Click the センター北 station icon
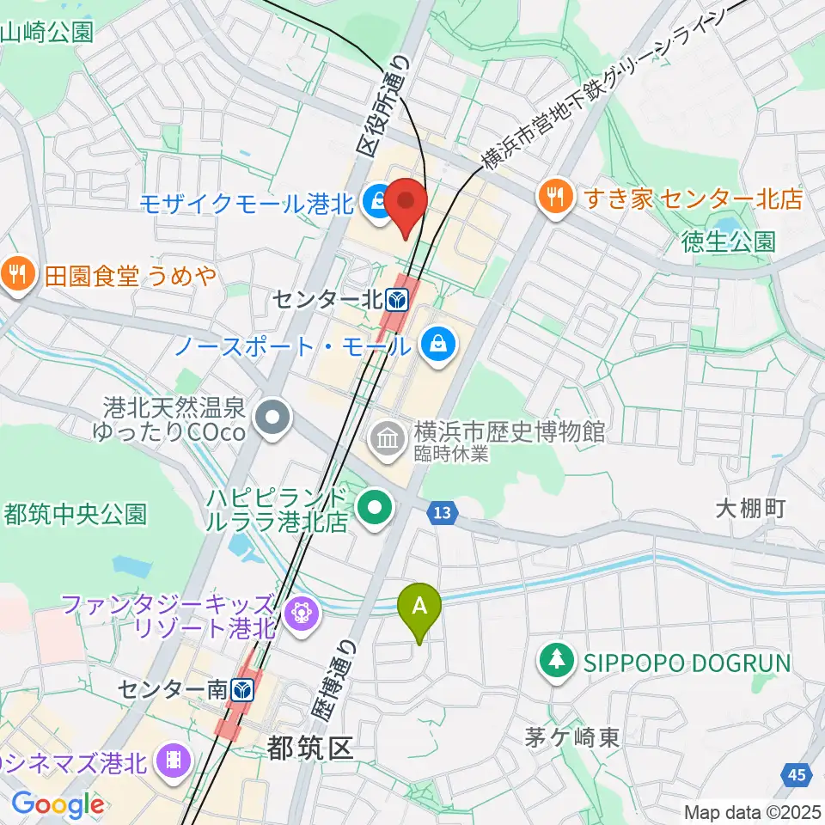coord(397,300)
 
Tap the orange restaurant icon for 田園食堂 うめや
coord(16,275)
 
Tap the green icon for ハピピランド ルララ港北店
coord(376,508)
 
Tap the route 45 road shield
coord(797,775)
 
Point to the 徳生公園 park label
coord(730,241)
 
